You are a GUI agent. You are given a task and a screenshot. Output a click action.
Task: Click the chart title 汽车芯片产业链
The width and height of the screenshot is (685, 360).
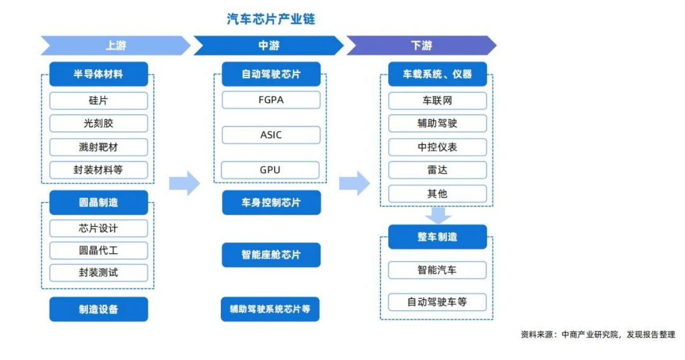coord(271,20)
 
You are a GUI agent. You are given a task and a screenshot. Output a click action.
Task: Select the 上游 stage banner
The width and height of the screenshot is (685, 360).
coord(115,46)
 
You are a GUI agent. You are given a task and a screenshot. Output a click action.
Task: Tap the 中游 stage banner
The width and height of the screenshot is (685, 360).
coord(269,46)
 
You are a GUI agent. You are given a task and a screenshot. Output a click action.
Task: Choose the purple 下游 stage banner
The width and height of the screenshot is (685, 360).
coord(422,46)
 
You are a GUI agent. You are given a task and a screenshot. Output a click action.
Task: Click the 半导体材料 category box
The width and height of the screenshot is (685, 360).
coord(99,74)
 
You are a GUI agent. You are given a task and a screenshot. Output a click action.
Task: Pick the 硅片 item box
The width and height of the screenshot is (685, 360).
coord(99,101)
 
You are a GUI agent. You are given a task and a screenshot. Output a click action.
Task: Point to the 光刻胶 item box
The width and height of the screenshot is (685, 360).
coord(99,123)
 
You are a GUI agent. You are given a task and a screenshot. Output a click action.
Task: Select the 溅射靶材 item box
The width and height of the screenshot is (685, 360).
coord(99,147)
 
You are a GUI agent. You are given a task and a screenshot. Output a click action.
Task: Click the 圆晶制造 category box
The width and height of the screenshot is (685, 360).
coord(99,203)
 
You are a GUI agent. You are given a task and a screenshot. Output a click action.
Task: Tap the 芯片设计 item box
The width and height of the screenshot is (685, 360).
coord(99,228)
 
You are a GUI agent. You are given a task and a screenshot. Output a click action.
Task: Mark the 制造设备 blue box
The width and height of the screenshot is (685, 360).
coord(99,309)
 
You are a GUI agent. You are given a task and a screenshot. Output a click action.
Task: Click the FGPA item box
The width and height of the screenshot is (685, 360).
coord(271,100)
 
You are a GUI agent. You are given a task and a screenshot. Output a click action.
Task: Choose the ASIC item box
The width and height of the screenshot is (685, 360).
coord(271,135)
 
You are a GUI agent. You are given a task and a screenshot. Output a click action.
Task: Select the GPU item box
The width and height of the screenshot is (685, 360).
coord(270,170)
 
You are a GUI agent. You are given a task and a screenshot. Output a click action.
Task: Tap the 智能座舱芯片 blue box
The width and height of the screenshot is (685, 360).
coord(271,255)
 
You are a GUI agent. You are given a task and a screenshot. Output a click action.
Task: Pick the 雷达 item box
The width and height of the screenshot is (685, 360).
coord(437,170)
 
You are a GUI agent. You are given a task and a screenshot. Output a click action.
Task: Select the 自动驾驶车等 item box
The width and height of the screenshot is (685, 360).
coord(437,302)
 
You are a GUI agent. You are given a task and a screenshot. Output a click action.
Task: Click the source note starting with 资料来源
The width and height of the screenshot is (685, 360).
coord(598,335)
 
